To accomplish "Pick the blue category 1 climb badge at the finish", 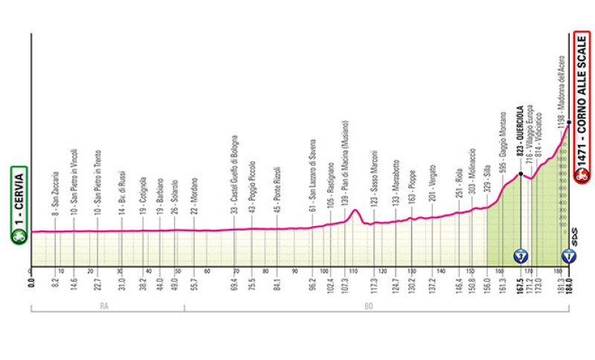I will coord(569,257).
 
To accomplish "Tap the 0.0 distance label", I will coord(31,282).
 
